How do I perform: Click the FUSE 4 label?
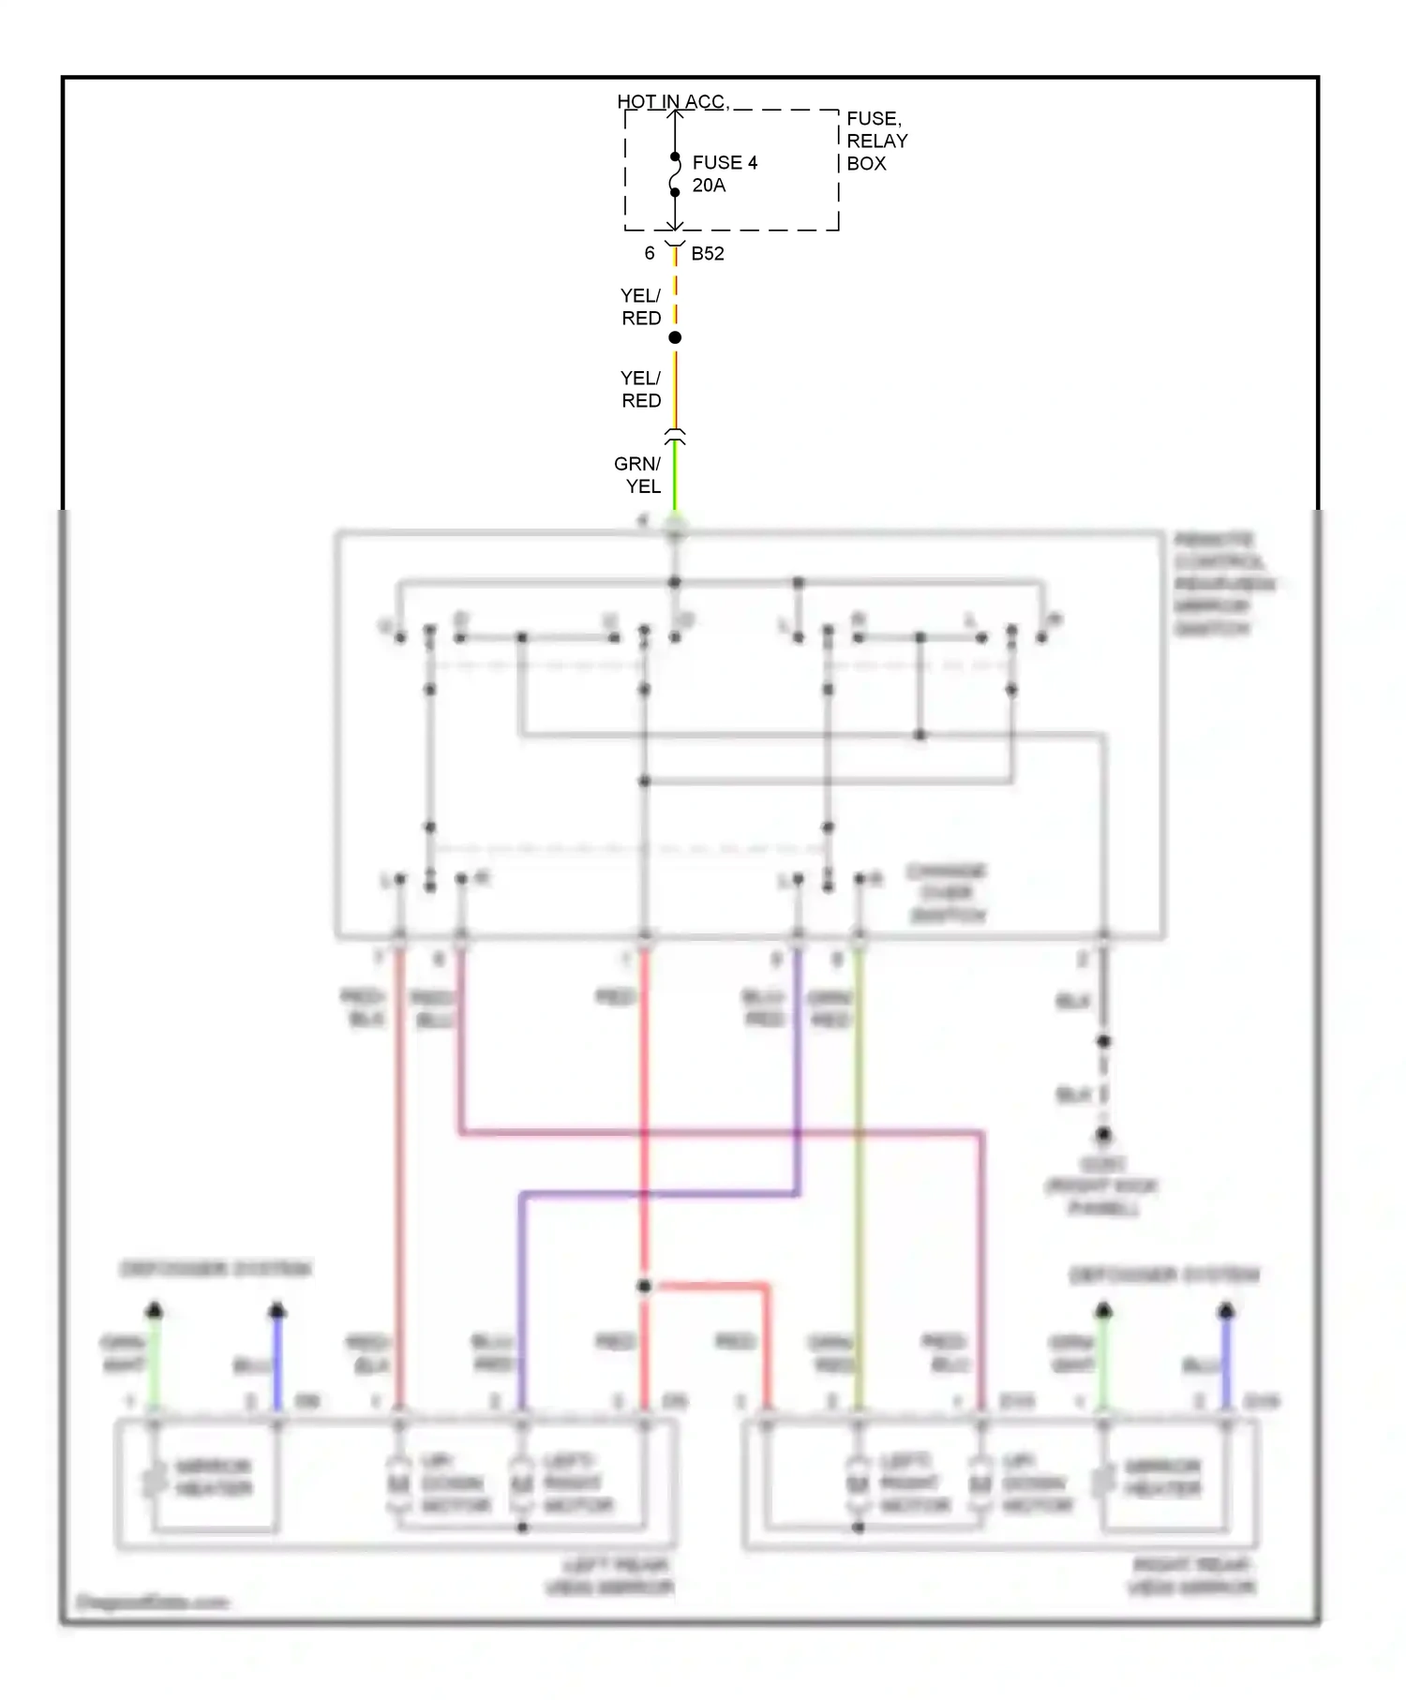pos(724,163)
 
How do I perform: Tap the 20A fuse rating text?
pos(709,186)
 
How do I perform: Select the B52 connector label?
pos(707,254)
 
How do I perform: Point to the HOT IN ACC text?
pos(671,101)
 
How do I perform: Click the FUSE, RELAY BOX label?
pos(875,141)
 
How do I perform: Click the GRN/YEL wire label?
pos(638,475)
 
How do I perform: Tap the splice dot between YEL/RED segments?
pos(675,337)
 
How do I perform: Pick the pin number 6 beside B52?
pos(649,254)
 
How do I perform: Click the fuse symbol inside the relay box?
pos(675,174)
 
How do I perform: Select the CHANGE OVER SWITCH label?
pos(947,893)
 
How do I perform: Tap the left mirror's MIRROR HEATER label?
pos(214,1478)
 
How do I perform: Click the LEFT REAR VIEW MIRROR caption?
pos(611,1576)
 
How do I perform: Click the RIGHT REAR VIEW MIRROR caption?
pos(1191,1576)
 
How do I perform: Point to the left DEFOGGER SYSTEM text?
pos(216,1269)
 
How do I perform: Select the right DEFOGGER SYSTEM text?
pos(1164,1275)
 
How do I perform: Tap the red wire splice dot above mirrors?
pos(644,1286)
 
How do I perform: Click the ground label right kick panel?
pos(1102,1186)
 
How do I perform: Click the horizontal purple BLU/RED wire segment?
pos(656,1195)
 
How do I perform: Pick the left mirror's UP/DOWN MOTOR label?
pos(454,1484)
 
